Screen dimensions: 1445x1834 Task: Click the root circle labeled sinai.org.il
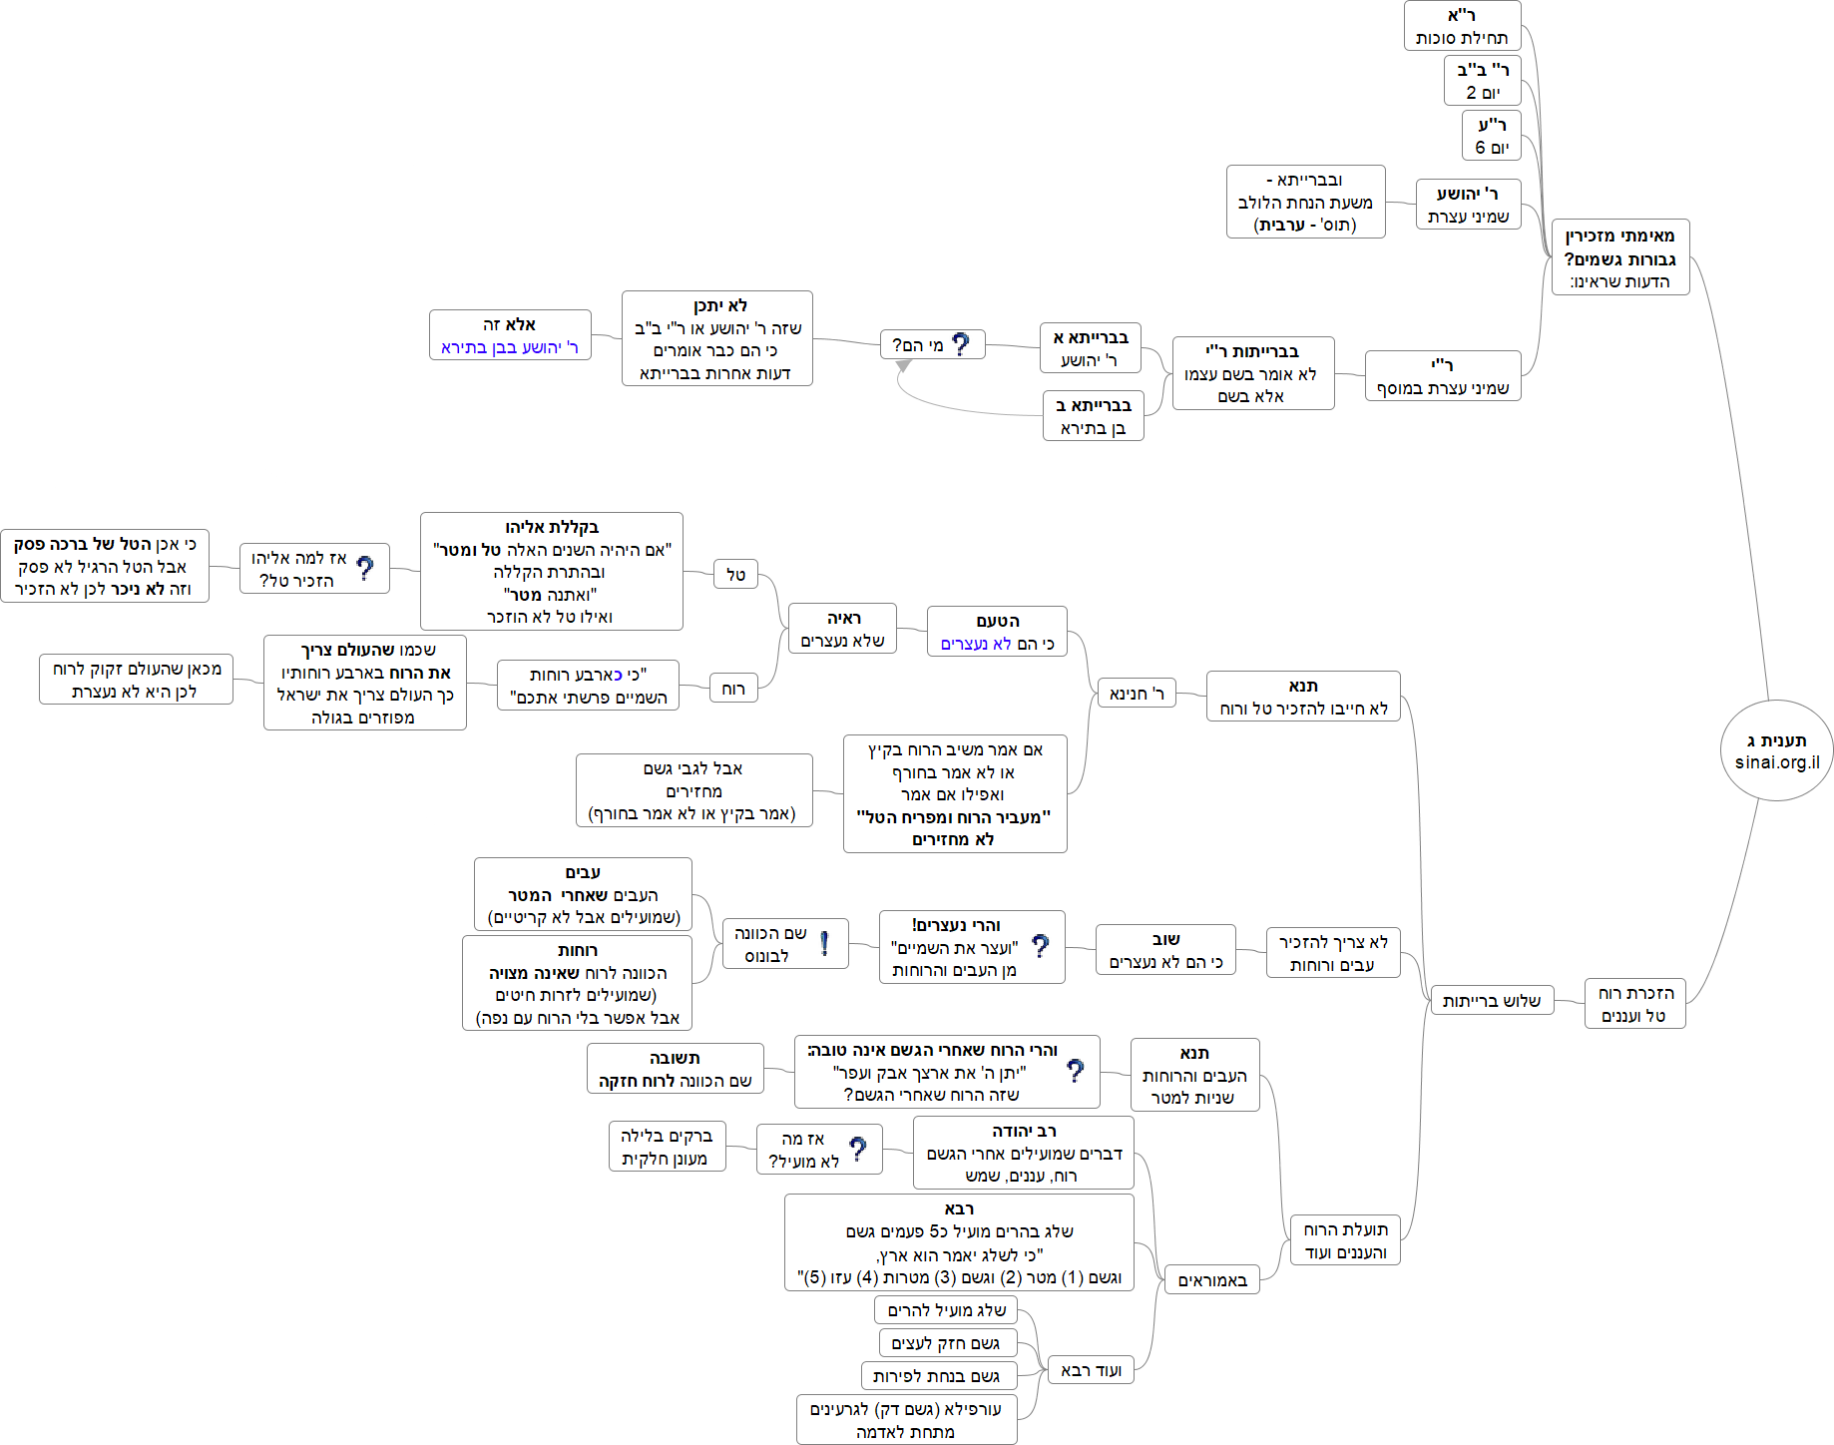1776,750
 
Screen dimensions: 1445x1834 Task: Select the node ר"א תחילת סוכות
1462,26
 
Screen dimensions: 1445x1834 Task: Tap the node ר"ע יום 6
1492,136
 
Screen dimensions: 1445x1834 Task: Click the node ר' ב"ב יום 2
1482,81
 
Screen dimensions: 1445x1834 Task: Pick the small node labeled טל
735,575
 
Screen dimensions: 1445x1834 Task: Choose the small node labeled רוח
733,689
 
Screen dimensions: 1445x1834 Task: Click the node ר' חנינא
1137,694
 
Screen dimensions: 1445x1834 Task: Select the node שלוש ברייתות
1491,1001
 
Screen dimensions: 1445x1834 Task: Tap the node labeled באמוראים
1212,1280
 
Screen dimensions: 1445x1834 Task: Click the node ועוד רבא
1091,1370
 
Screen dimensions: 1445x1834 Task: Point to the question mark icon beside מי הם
961,344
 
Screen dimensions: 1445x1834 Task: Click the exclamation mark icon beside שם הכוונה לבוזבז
825,943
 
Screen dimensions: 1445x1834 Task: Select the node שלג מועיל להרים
946,1310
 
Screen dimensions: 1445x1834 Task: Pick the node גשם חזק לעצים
947,1343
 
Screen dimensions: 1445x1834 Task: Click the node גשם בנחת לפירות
938,1376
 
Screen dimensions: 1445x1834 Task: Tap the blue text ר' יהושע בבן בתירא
509,347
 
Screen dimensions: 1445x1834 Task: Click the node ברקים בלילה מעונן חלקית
667,1147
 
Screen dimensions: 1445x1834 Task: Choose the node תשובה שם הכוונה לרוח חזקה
675,1069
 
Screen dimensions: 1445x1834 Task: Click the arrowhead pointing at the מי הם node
903,366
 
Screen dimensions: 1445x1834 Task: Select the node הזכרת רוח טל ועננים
1634,1004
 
